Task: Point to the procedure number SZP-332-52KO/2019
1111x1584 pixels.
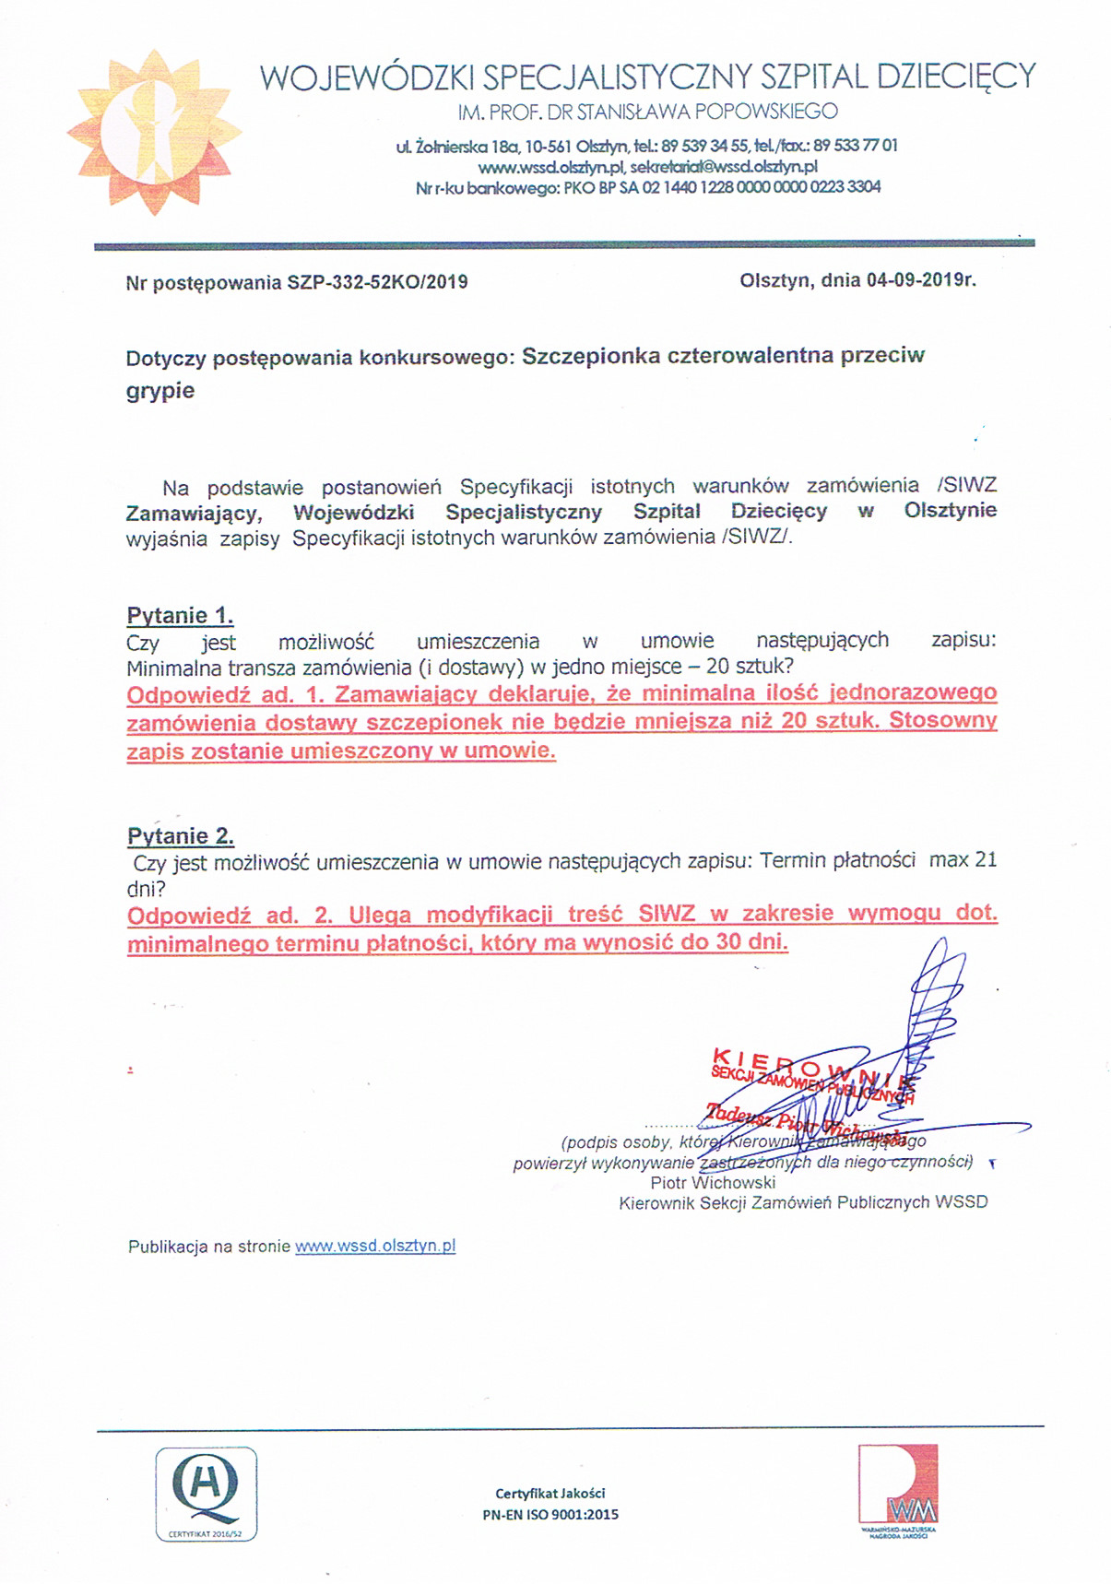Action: (378, 282)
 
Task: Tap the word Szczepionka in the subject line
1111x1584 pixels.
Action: (590, 356)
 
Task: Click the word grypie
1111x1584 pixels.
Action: (160, 390)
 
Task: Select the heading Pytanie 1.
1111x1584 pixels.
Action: (180, 615)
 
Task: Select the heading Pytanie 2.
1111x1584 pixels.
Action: (181, 836)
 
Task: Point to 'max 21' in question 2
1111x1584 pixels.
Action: (963, 860)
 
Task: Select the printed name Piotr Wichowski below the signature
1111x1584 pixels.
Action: (713, 1182)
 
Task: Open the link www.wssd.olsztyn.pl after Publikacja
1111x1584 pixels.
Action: (375, 1247)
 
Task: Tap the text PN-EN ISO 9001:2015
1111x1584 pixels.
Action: (550, 1514)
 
